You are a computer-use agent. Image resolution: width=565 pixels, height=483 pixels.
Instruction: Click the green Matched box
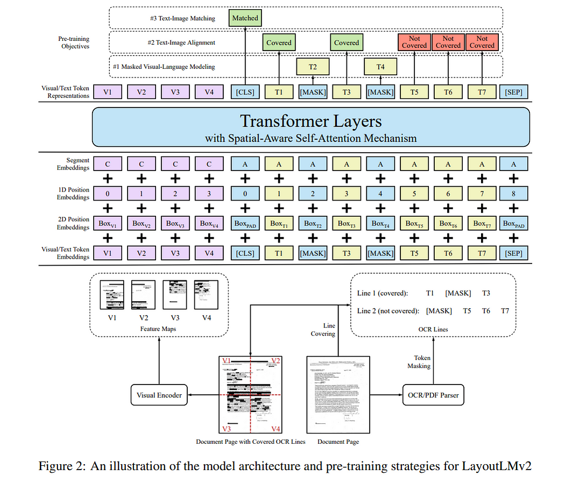245,18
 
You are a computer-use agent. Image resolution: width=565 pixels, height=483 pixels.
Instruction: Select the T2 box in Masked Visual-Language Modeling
313,67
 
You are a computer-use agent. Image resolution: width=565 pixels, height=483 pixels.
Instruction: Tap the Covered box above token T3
347,42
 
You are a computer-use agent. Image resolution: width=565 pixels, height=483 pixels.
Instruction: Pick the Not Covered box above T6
448,42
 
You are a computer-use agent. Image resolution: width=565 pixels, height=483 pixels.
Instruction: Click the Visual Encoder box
159,395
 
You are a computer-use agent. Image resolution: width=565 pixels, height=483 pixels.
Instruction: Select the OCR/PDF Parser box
430,395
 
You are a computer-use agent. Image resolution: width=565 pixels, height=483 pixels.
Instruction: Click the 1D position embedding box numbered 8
514,193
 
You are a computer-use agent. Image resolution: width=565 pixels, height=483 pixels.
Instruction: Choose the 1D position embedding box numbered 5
414,193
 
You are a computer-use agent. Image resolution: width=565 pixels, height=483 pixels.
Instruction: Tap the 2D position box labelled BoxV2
142,223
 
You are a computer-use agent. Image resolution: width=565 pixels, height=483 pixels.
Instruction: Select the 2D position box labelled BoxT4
380,223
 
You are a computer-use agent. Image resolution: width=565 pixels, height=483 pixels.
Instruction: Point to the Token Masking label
422,361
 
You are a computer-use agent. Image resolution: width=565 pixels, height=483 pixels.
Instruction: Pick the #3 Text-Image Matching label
182,18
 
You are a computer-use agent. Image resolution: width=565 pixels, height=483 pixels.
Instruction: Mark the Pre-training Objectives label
74,42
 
